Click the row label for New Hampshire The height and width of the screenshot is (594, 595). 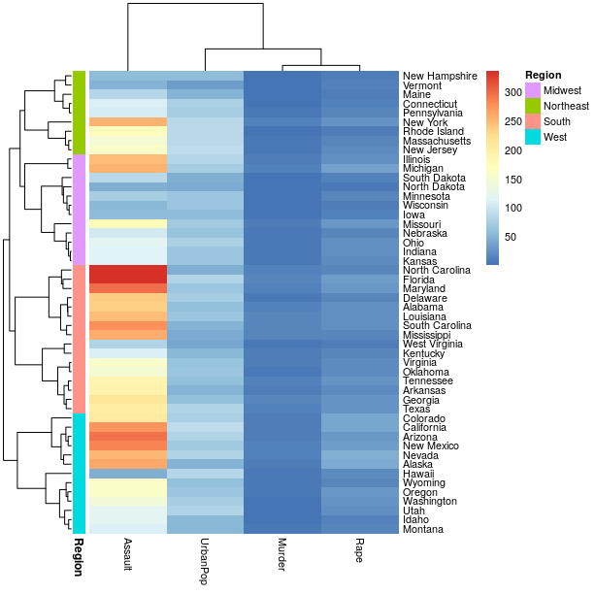pos(440,76)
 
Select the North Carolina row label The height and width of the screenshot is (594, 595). pos(439,271)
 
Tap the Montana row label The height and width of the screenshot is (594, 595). pos(424,530)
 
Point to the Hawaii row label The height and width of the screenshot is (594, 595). pos(420,474)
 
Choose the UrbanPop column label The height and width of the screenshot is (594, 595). pos(205,554)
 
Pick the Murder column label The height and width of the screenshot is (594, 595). pos(282,550)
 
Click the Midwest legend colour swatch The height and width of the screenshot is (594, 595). pos(533,90)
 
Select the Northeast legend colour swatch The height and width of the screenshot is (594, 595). pos(533,106)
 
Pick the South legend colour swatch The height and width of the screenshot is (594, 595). pos(533,121)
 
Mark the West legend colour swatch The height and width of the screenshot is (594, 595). pos(533,137)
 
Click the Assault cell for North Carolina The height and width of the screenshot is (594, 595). pos(128,271)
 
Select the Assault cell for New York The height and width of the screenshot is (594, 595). pos(128,122)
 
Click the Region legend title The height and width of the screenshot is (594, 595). pos(543,75)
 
